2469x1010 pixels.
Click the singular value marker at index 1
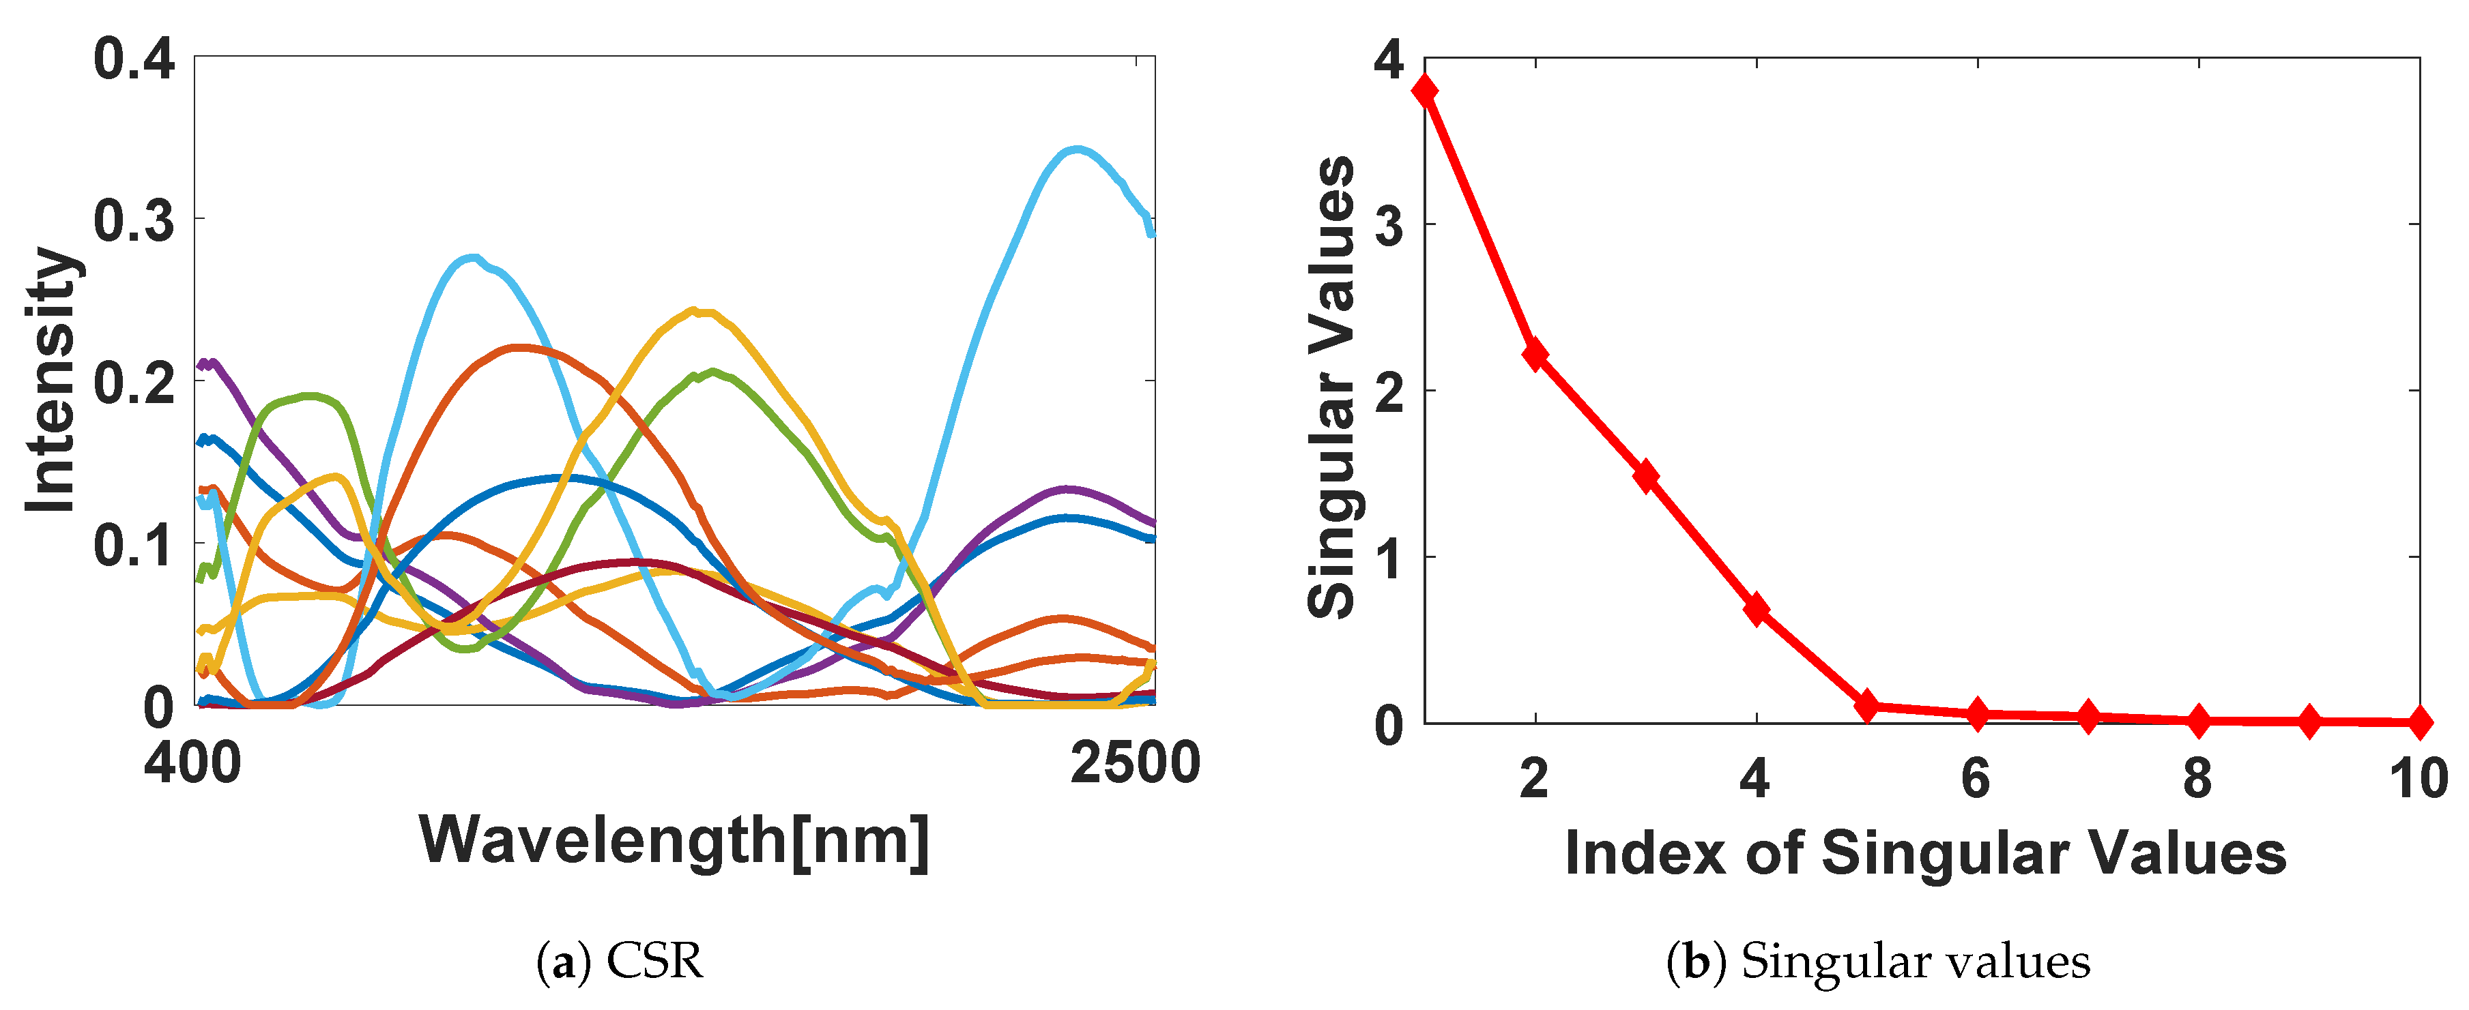click(1426, 91)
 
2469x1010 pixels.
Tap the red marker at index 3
click(1647, 476)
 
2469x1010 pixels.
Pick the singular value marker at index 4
click(1757, 610)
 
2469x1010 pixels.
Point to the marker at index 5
click(1867, 707)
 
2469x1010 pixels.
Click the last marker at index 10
click(2420, 722)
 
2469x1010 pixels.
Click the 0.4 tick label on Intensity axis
click(134, 59)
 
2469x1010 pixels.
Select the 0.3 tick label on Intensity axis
click(134, 220)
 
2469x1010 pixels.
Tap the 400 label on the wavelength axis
click(192, 764)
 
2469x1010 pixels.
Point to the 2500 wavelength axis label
click(1136, 764)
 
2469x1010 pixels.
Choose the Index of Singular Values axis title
click(1924, 853)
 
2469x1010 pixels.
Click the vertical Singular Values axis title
click(1331, 387)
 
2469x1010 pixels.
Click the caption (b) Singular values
click(1879, 961)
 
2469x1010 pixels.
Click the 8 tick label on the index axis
click(2198, 779)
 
